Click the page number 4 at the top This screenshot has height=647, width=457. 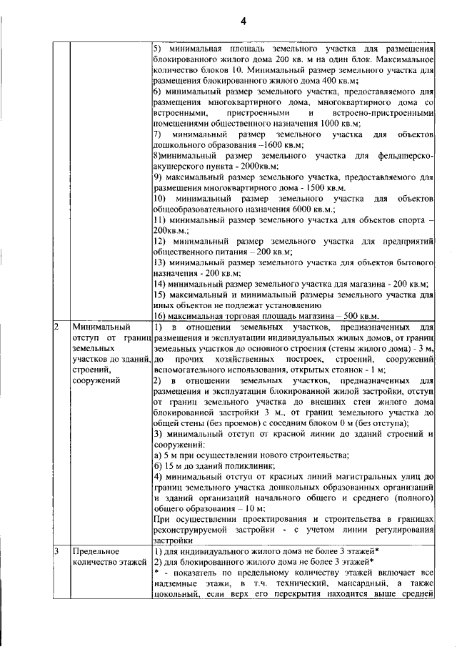point(243,21)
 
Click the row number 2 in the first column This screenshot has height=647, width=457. point(57,327)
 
